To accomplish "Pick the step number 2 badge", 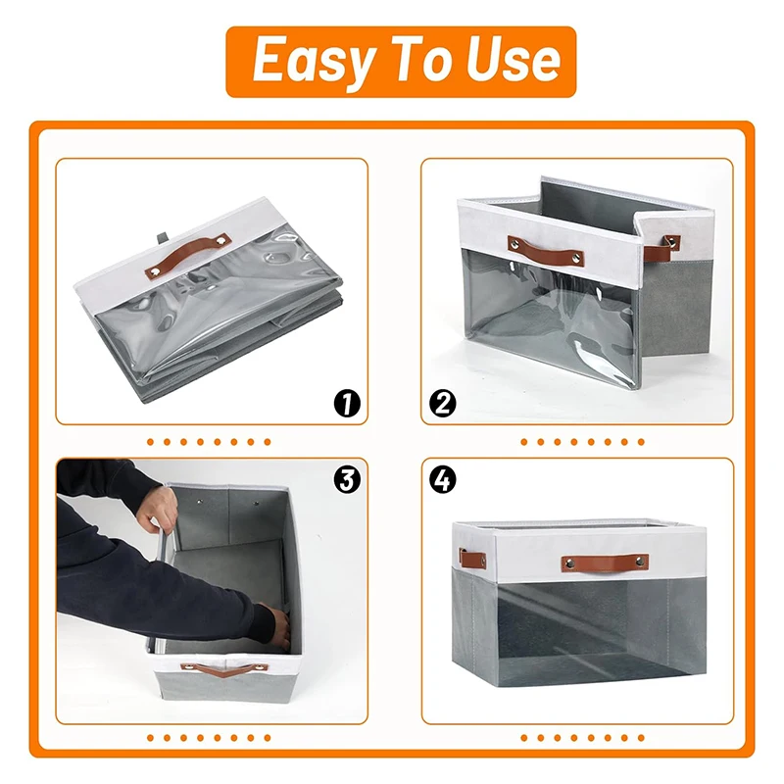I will click(x=444, y=402).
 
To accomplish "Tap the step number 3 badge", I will click(x=345, y=479).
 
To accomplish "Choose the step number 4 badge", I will click(x=444, y=479).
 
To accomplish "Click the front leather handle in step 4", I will click(x=604, y=563).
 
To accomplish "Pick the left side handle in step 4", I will click(x=473, y=560).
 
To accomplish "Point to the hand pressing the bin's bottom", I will click(x=278, y=628).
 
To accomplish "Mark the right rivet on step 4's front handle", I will click(x=642, y=563).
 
